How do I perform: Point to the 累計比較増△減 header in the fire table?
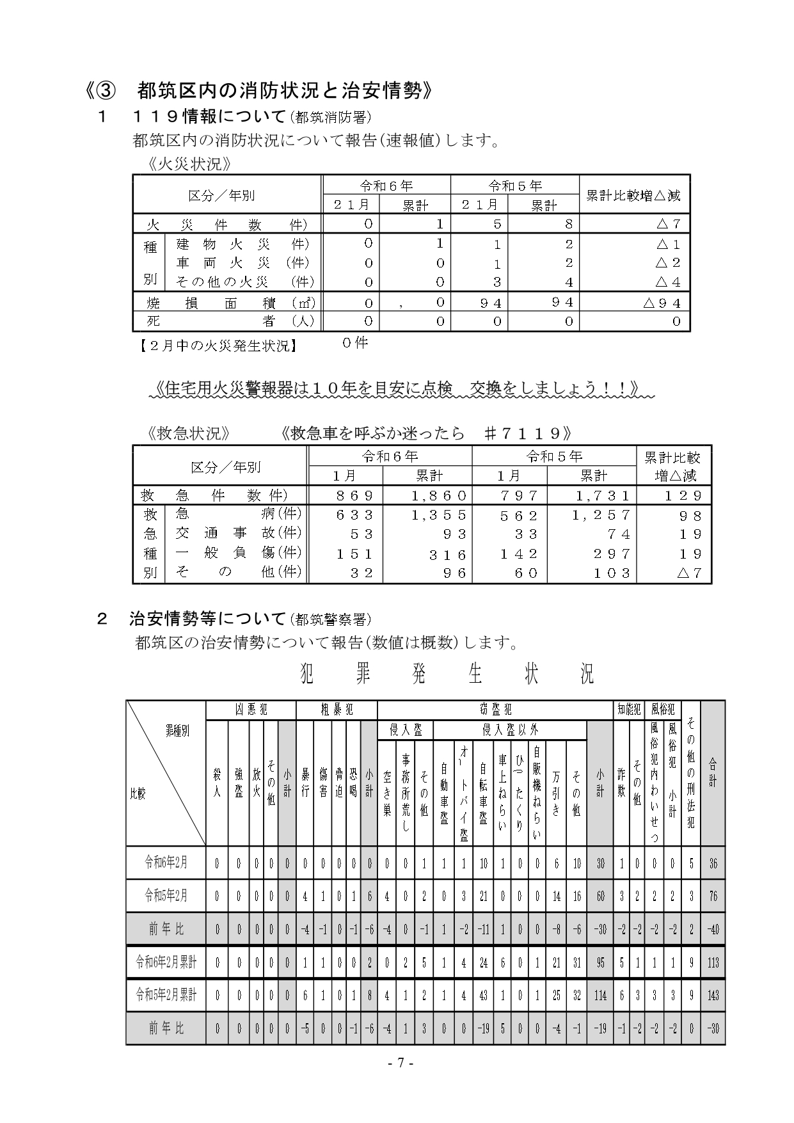pos(633,195)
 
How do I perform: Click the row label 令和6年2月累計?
pos(166,961)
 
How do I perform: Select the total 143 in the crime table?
pos(713,996)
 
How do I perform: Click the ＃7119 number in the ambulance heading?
pos(524,433)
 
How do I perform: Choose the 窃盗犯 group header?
pos(495,709)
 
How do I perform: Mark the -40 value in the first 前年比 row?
pos(713,929)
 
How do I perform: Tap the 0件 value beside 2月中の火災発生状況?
pos(355,343)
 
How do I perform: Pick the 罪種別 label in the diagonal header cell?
pos(177,731)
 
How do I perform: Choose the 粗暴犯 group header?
pos(337,709)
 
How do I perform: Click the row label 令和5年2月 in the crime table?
pos(166,896)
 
